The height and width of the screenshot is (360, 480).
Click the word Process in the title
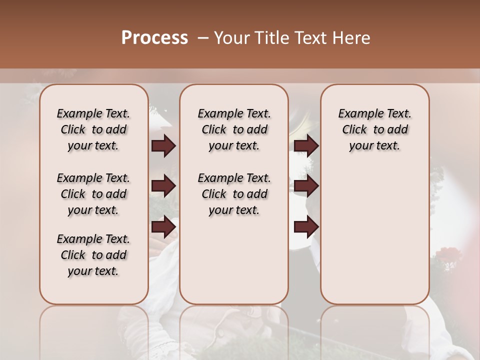coord(154,38)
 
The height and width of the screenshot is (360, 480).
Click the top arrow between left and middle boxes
coord(163,146)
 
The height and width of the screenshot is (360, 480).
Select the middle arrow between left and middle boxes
coord(163,186)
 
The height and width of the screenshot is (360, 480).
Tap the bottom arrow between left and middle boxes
coord(163,227)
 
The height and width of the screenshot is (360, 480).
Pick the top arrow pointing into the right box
coord(306,146)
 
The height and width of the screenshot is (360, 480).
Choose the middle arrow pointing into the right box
coord(306,186)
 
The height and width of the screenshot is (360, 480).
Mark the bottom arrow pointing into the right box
coord(306,227)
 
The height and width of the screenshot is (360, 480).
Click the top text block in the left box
coord(93,129)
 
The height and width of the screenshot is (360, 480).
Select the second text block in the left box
coord(93,194)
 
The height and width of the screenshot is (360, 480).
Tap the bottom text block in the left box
coord(93,255)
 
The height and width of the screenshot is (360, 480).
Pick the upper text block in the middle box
coord(234,129)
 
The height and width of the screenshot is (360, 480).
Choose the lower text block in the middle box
coord(234,194)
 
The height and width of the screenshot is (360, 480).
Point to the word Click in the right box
coord(354,130)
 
